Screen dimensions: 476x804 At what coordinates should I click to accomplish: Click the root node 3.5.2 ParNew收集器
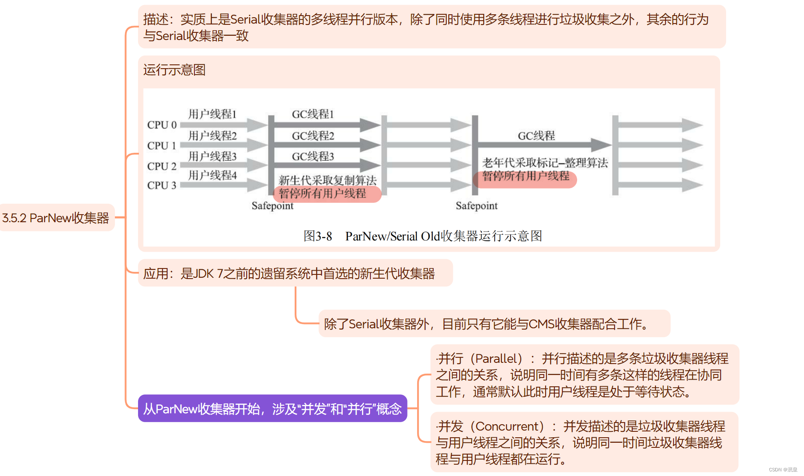point(56,218)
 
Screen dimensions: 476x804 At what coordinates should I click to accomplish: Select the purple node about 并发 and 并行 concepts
point(272,409)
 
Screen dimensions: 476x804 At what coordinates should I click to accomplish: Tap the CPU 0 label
point(162,125)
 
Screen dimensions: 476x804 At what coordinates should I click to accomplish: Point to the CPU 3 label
point(162,185)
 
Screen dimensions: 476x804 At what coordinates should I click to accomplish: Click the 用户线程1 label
point(212,114)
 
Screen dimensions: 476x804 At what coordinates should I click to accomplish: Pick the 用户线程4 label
point(212,175)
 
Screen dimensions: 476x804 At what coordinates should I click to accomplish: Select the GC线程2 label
point(313,136)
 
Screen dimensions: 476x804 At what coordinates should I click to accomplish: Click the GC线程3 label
point(313,157)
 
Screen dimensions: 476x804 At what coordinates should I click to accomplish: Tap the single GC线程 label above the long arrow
point(536,136)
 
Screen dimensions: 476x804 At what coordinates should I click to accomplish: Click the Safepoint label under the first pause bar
point(272,206)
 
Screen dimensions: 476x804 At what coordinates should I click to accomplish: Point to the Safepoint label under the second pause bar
point(477,206)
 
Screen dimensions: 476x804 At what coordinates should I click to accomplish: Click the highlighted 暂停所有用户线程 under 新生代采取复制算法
point(322,194)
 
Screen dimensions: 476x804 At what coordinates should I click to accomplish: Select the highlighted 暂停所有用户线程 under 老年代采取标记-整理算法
point(525,176)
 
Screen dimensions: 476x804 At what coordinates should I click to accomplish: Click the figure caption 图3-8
point(318,236)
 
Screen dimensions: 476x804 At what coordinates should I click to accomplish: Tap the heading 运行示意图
point(174,70)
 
